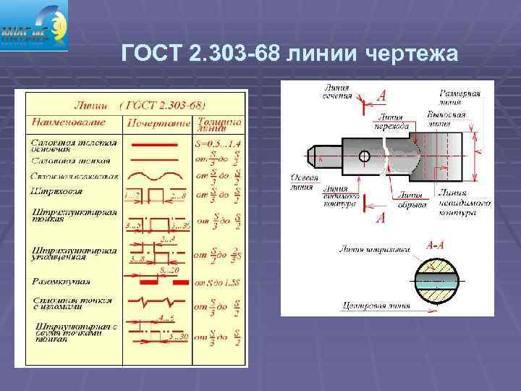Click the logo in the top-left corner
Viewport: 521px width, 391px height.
(x=35, y=25)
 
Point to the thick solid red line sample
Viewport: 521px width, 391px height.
(x=153, y=145)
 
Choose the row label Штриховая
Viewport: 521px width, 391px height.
(x=57, y=191)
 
